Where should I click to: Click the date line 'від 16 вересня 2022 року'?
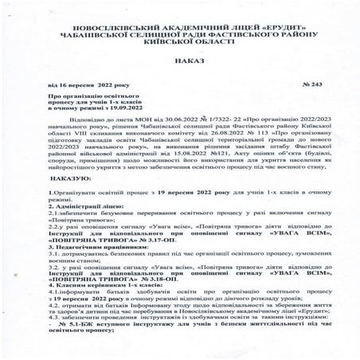83,105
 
